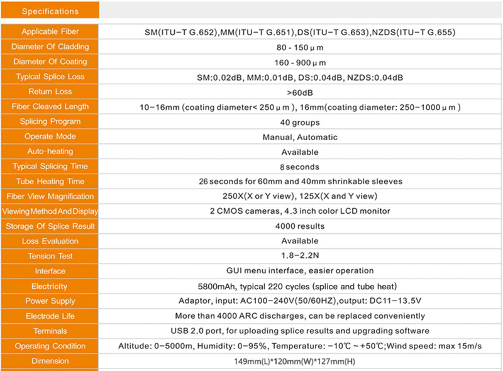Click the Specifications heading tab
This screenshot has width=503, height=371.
pyautogui.click(x=50, y=11)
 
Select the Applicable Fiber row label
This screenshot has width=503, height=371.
pyautogui.click(x=50, y=31)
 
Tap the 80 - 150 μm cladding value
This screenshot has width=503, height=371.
pyautogui.click(x=299, y=47)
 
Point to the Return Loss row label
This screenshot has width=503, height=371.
pyautogui.click(x=50, y=92)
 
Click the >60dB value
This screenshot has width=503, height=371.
pyautogui.click(x=299, y=92)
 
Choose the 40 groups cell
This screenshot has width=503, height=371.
pyautogui.click(x=299, y=122)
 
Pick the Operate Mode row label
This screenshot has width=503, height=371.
pyautogui.click(x=50, y=136)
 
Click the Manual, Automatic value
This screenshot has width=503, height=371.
pyautogui.click(x=299, y=137)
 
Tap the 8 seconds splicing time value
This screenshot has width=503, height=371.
pyautogui.click(x=299, y=167)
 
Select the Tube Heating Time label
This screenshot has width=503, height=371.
pyautogui.click(x=50, y=181)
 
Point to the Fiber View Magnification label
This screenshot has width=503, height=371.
pyautogui.click(x=50, y=196)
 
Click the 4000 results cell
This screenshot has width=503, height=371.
pyautogui.click(x=299, y=226)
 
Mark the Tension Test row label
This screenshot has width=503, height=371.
pyautogui.click(x=50, y=256)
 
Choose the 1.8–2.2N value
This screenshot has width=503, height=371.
pyautogui.click(x=299, y=256)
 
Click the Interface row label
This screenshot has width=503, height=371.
pyautogui.click(x=50, y=271)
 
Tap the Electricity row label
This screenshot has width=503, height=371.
pyautogui.click(x=50, y=286)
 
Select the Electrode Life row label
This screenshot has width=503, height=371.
pyautogui.click(x=50, y=316)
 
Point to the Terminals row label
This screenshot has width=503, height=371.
pyautogui.click(x=50, y=331)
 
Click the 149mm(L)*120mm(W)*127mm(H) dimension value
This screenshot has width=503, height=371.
pyautogui.click(x=299, y=361)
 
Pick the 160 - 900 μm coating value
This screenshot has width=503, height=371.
pyautogui.click(x=299, y=62)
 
